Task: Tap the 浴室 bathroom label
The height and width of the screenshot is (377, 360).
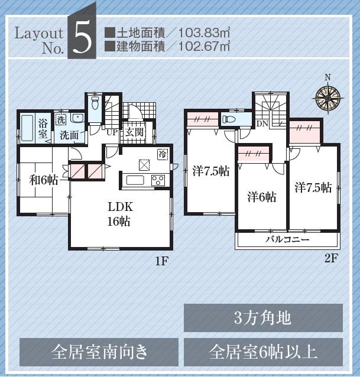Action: point(44,129)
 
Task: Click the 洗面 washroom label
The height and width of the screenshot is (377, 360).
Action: point(69,135)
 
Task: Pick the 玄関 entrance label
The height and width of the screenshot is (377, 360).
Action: point(134,132)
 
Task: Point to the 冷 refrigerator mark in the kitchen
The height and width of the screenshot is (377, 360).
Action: point(162,155)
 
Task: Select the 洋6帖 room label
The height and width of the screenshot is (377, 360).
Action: point(261,196)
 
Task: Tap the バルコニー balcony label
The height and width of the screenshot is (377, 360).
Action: point(287,240)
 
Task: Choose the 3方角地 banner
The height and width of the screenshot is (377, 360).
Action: point(263,318)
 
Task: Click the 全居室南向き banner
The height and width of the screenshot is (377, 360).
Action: point(99,352)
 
